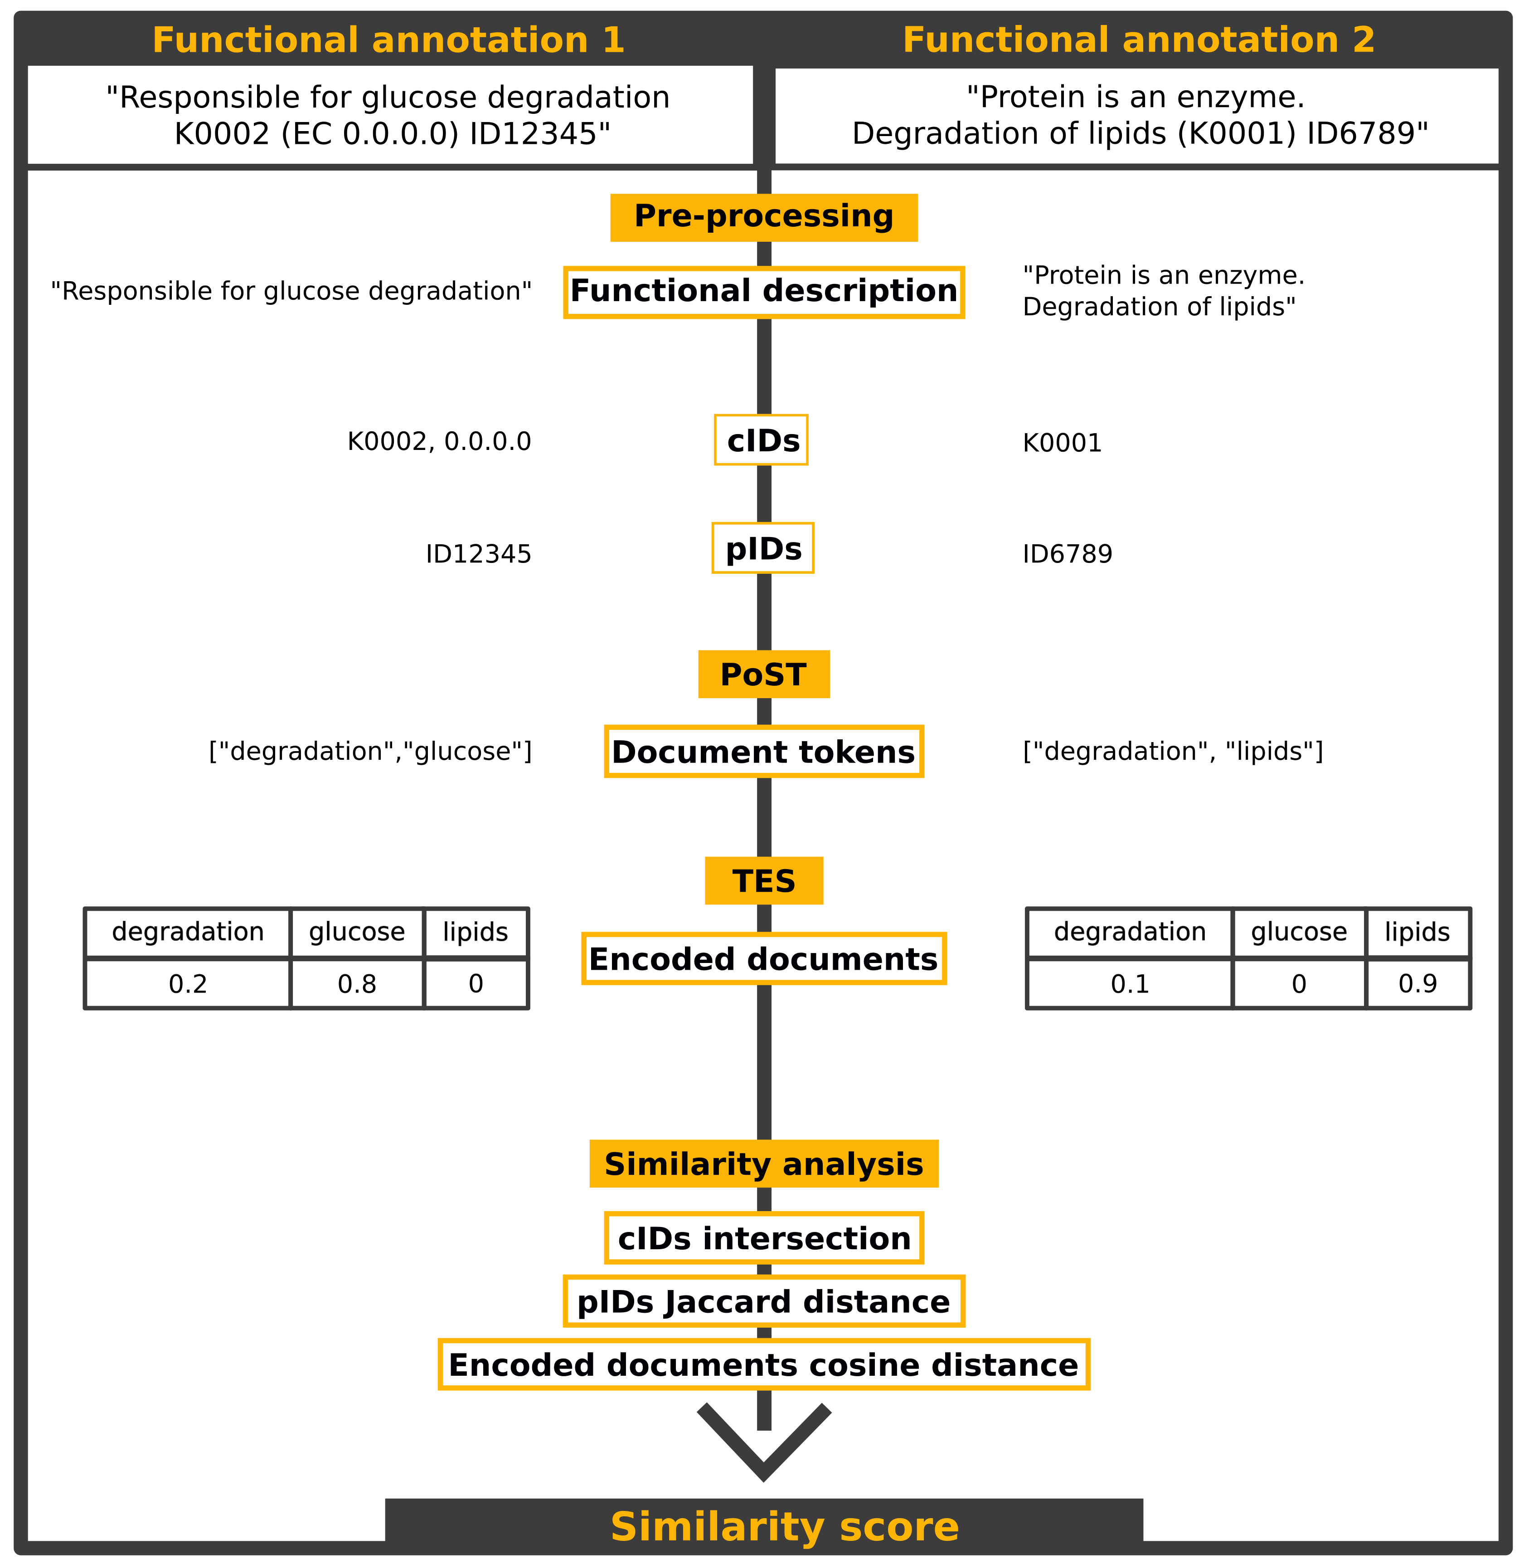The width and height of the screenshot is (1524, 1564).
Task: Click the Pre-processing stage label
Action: [x=764, y=217]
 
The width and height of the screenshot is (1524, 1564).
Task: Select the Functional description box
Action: [x=764, y=292]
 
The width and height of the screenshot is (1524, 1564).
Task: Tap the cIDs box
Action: [x=761, y=440]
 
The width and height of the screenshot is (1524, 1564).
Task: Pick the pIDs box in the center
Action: [x=763, y=548]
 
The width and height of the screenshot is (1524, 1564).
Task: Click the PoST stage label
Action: [x=764, y=674]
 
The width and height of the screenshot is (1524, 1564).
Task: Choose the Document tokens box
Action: [x=764, y=751]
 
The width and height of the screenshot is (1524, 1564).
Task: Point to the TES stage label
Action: [x=764, y=881]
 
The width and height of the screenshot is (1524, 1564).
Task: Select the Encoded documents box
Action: [x=764, y=958]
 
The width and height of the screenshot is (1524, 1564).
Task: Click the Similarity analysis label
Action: [x=764, y=1163]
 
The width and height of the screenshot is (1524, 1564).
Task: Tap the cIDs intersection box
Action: [x=764, y=1238]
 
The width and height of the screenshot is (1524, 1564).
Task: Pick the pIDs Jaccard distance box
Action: [x=764, y=1301]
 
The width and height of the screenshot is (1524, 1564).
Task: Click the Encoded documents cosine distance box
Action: [x=764, y=1364]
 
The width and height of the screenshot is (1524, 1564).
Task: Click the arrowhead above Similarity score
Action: [x=764, y=1450]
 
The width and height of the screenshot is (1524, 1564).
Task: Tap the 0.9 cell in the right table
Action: [x=1417, y=983]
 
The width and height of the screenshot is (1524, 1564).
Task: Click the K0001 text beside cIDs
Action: [x=1062, y=443]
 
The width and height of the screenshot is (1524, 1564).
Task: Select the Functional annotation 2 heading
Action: [x=1138, y=40]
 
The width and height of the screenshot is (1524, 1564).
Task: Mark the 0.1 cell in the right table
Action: [x=1129, y=983]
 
